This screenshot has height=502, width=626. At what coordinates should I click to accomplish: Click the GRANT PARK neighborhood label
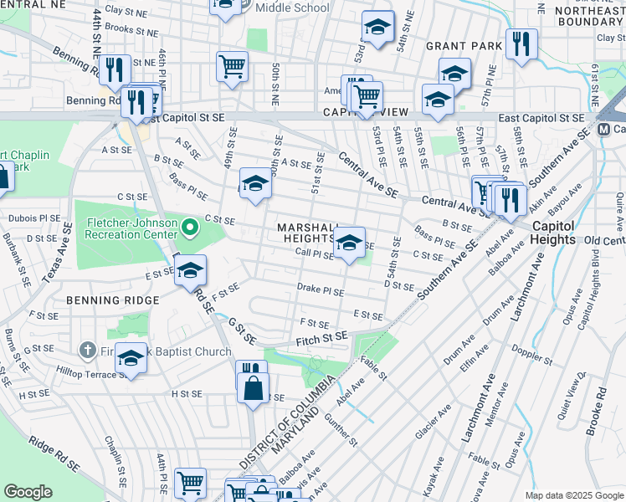pyautogui.click(x=463, y=46)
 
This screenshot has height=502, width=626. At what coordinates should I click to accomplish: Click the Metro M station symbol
pyautogui.click(x=605, y=129)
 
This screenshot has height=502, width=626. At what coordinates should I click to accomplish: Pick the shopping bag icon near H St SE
pyautogui.click(x=252, y=388)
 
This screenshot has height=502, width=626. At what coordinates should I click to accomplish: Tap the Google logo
pyautogui.click(x=28, y=492)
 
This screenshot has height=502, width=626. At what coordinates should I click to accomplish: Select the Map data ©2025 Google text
pyautogui.click(x=573, y=495)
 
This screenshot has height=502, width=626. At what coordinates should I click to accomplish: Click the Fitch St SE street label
pyautogui.click(x=321, y=337)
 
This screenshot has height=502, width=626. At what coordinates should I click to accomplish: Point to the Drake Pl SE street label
pyautogui.click(x=321, y=290)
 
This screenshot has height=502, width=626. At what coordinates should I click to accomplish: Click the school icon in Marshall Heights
pyautogui.click(x=349, y=243)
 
